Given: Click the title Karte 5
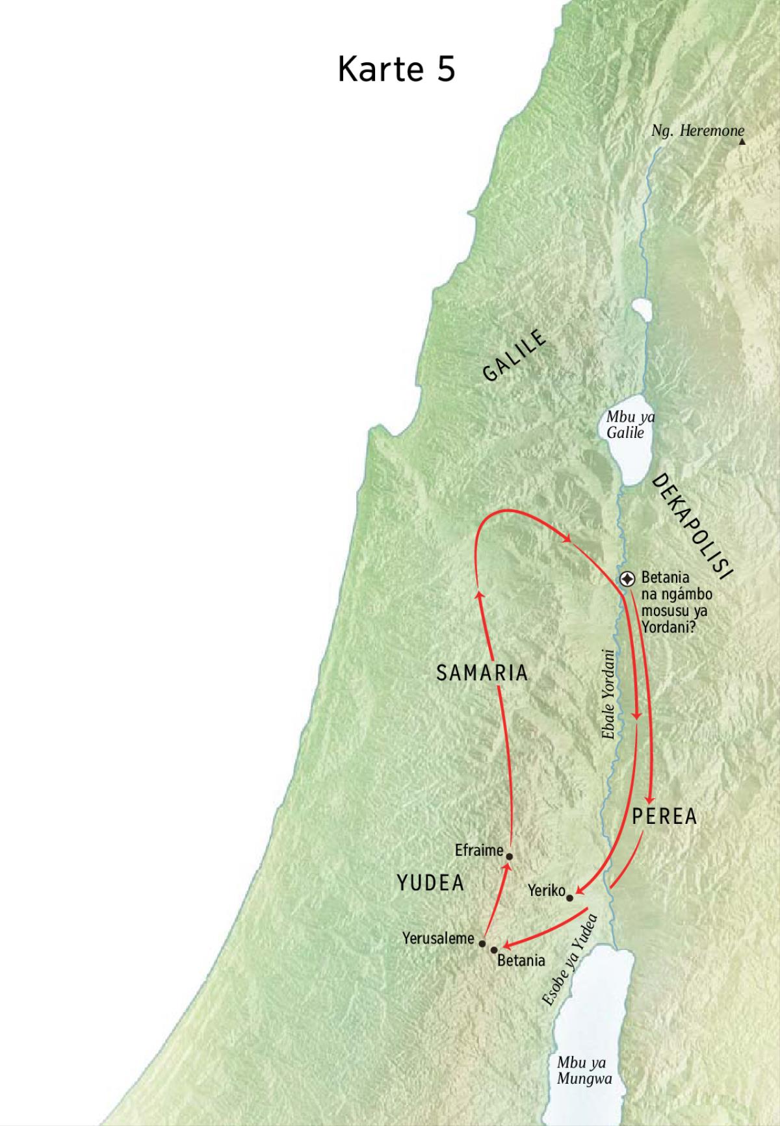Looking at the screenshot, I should tap(396, 70).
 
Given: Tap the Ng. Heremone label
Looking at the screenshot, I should tap(697, 131).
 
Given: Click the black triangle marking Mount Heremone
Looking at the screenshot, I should tap(742, 140).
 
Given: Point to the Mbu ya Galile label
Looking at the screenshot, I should tap(629, 424).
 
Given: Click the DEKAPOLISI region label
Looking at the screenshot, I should tap(692, 526).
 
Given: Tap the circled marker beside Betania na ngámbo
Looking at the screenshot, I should tap(627, 578).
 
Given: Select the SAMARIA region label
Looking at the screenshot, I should tap(482, 673).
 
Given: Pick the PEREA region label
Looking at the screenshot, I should tap(664, 817).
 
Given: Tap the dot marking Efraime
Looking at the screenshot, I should tap(509, 856).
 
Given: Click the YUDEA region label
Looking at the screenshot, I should tap(430, 883).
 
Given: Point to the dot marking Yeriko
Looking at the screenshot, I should tap(570, 898).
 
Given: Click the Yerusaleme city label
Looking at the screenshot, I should tap(438, 938).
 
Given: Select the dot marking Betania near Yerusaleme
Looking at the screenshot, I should tap(494, 950).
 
